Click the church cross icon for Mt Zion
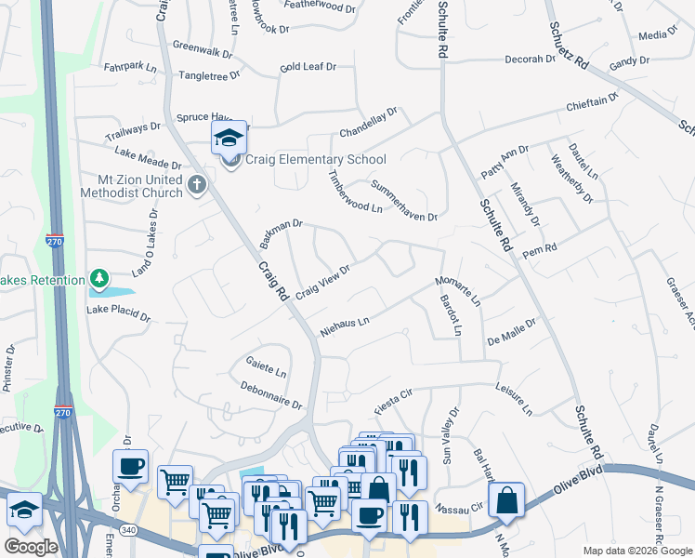tap(195, 184)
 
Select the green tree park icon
tap(99, 278)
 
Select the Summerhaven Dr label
tap(403, 200)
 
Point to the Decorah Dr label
tap(530, 59)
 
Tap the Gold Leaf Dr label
tap(308, 67)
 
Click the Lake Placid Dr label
tap(119, 312)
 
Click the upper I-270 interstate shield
tap(54, 242)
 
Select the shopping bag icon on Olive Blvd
tap(508, 499)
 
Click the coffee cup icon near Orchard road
tap(131, 466)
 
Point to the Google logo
tap(31, 547)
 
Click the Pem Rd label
tap(539, 251)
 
